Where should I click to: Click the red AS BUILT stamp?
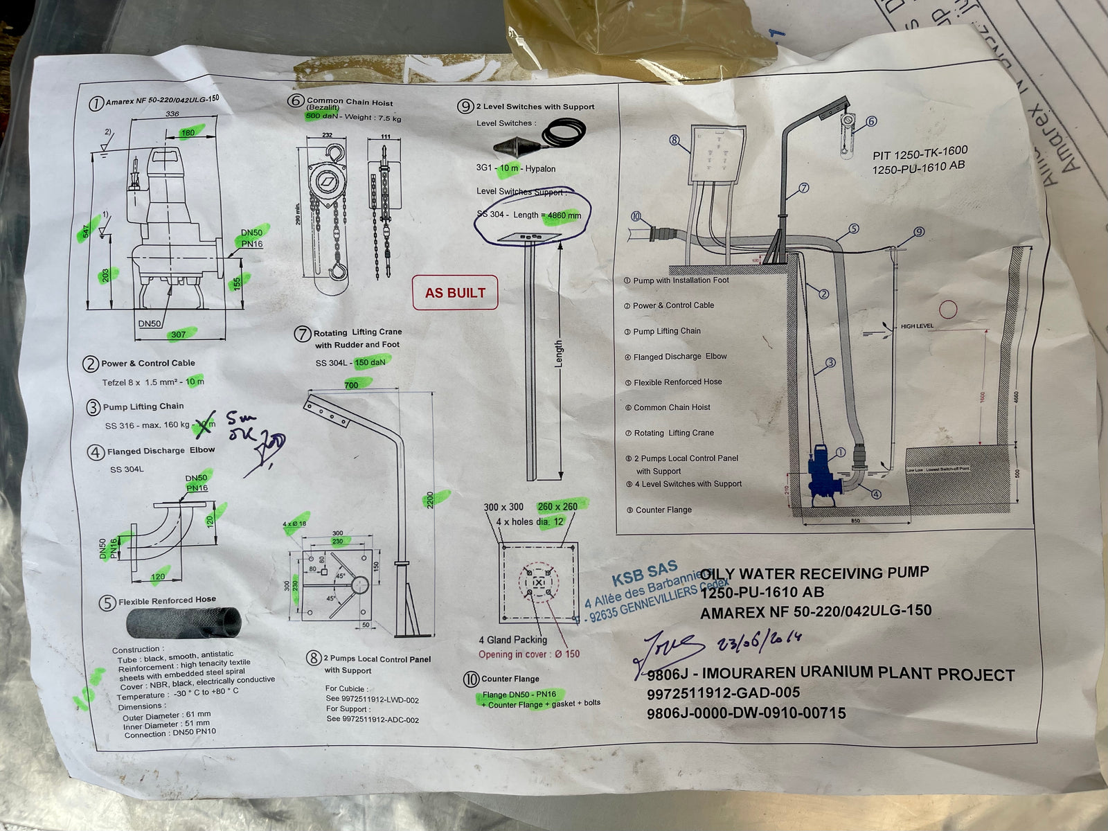(x=455, y=293)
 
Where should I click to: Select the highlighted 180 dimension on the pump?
(x=188, y=132)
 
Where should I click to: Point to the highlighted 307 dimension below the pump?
(x=179, y=334)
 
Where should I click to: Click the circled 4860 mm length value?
(x=564, y=215)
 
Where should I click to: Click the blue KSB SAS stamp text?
(x=644, y=574)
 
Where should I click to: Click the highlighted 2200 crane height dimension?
(x=431, y=499)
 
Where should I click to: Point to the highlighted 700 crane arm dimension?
(x=352, y=384)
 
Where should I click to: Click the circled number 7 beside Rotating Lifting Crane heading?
(x=303, y=334)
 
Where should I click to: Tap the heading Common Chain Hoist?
(x=350, y=102)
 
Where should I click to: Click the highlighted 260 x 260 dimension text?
(x=557, y=506)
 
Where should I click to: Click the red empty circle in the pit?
(x=947, y=310)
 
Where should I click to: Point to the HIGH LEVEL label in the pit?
(x=917, y=325)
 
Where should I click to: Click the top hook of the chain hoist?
(x=336, y=152)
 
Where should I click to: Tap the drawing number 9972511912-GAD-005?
(x=723, y=693)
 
